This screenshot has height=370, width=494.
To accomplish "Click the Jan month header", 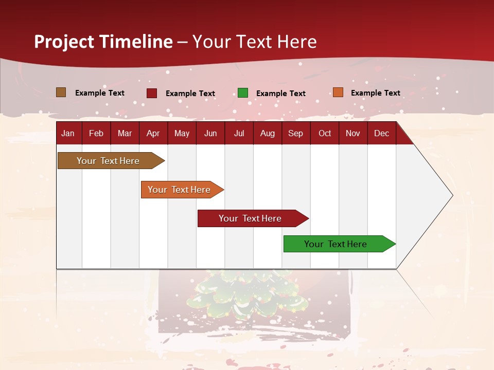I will (x=68, y=134).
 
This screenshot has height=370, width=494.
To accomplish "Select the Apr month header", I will (x=153, y=134).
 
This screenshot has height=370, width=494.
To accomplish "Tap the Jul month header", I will (x=239, y=134).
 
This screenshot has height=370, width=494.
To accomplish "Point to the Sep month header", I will (x=295, y=134).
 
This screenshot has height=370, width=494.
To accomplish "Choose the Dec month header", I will (x=381, y=134).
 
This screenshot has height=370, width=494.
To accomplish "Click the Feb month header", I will (x=96, y=134).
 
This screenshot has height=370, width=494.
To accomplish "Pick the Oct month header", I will (x=325, y=134).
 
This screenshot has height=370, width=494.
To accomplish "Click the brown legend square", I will (x=61, y=92).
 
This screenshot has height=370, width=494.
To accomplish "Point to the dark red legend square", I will (x=152, y=93).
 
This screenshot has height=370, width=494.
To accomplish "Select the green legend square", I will (x=243, y=93).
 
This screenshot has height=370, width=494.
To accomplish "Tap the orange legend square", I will (x=338, y=92).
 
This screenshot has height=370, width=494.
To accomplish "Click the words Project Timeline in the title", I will (x=103, y=42).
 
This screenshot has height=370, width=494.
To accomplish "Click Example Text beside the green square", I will (x=280, y=94).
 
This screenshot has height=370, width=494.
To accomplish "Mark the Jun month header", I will (x=210, y=134).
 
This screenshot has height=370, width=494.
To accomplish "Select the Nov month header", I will (x=353, y=134).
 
